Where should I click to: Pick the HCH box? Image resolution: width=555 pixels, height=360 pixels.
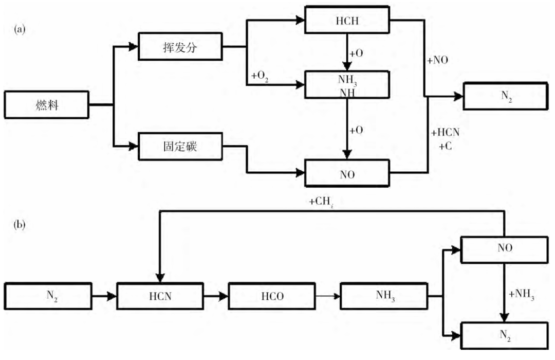point(348,22)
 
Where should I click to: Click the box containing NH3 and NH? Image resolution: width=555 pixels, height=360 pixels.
point(348,84)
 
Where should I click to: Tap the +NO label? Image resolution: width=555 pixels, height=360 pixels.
point(438,60)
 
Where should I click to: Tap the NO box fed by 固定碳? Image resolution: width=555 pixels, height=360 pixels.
point(348,173)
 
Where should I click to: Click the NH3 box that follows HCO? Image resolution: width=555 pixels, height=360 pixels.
point(383,296)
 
